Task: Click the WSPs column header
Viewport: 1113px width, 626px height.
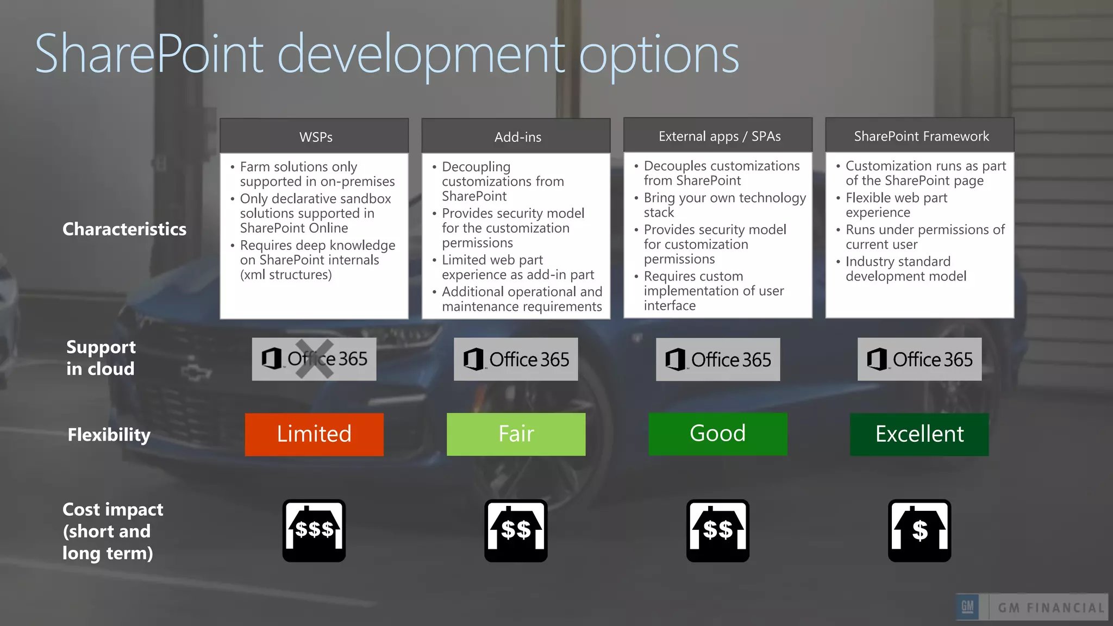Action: click(x=314, y=136)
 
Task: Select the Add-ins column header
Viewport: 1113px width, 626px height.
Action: click(x=516, y=136)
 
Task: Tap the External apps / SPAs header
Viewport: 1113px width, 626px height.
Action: click(x=718, y=136)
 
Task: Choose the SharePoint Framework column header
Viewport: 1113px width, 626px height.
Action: click(x=920, y=136)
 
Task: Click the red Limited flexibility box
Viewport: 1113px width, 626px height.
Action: click(x=314, y=434)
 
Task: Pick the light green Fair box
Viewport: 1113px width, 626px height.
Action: click(x=516, y=434)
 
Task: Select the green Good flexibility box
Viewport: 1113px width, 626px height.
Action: click(x=718, y=434)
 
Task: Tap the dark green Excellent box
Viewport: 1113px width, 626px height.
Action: click(x=920, y=434)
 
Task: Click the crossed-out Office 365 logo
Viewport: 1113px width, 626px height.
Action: click(x=314, y=359)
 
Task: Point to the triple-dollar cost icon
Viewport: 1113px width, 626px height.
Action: click(x=314, y=530)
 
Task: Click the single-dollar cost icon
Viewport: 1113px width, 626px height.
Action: click(x=920, y=530)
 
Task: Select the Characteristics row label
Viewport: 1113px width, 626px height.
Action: click(x=124, y=229)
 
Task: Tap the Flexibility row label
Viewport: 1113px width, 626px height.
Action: click(x=109, y=435)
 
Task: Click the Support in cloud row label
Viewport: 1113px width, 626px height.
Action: click(x=101, y=358)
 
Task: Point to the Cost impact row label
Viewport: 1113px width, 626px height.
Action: click(x=112, y=531)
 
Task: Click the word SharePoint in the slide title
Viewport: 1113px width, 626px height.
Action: click(x=149, y=54)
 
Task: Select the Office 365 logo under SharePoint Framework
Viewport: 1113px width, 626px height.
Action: click(x=920, y=359)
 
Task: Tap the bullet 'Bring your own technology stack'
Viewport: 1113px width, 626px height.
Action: click(x=724, y=205)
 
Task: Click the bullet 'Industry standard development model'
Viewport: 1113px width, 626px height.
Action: click(x=905, y=268)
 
